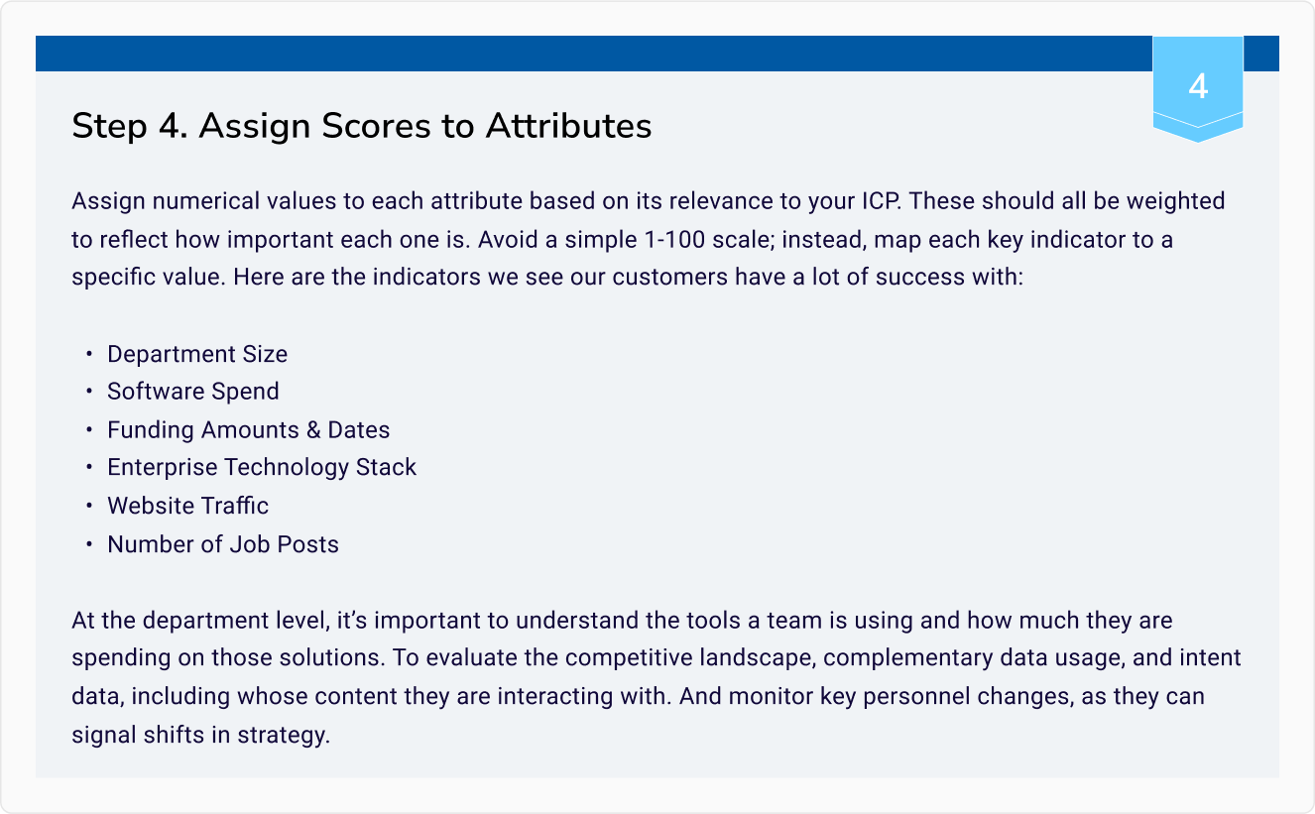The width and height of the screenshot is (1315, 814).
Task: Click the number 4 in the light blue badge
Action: (1198, 86)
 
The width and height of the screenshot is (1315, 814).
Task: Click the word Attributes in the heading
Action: (568, 126)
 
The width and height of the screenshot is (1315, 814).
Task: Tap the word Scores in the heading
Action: (376, 126)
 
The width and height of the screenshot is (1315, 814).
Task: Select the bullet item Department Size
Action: (197, 354)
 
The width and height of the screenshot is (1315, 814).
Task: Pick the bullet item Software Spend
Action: (193, 392)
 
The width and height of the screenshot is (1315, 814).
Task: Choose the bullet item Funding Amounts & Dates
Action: (248, 429)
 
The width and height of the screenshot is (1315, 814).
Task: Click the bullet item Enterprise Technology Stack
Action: (262, 467)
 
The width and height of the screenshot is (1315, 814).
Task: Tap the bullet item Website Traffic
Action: (187, 506)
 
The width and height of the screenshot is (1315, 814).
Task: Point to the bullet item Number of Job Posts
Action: (223, 544)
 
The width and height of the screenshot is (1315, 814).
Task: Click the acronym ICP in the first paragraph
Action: (881, 200)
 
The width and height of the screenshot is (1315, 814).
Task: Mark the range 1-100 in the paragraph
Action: (674, 240)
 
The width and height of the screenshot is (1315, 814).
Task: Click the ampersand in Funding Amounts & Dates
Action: (313, 429)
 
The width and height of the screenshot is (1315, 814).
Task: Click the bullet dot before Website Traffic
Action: (88, 506)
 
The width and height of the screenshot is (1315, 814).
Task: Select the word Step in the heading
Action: (109, 127)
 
